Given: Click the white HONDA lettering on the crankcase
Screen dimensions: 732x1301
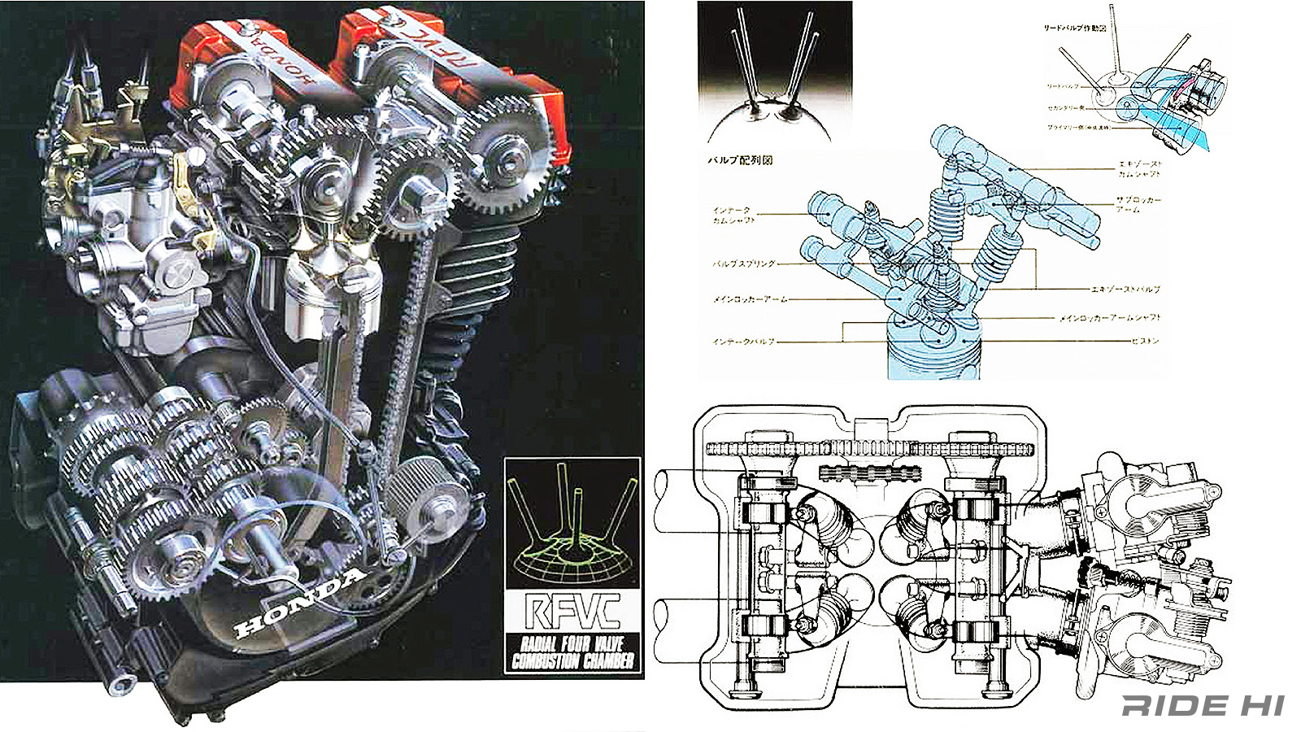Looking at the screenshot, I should [x=299, y=602].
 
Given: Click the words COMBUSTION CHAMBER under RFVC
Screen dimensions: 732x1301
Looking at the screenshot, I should [x=572, y=660].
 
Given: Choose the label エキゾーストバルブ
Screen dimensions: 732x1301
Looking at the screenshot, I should [x=1125, y=289].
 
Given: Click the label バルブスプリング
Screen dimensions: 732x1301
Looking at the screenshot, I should [x=744, y=264].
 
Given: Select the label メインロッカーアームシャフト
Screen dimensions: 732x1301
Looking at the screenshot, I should [x=1110, y=318].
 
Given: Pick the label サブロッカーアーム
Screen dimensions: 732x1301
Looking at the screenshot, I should [x=1138, y=204].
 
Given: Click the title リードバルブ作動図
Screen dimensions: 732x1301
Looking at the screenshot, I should [x=1075, y=28].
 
